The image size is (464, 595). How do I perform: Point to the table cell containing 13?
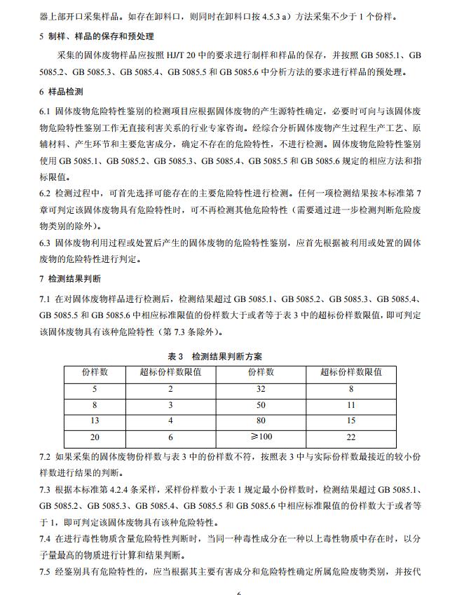click(95, 420)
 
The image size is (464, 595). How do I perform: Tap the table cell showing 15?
click(351, 420)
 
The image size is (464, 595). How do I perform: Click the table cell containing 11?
click(351, 404)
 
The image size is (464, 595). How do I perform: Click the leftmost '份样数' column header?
click(95, 371)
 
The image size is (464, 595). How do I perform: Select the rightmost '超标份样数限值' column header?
click(351, 371)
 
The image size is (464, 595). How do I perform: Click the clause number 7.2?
click(46, 457)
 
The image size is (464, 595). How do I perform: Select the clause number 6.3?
click(46, 242)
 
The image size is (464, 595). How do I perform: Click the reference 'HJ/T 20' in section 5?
click(209, 55)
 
